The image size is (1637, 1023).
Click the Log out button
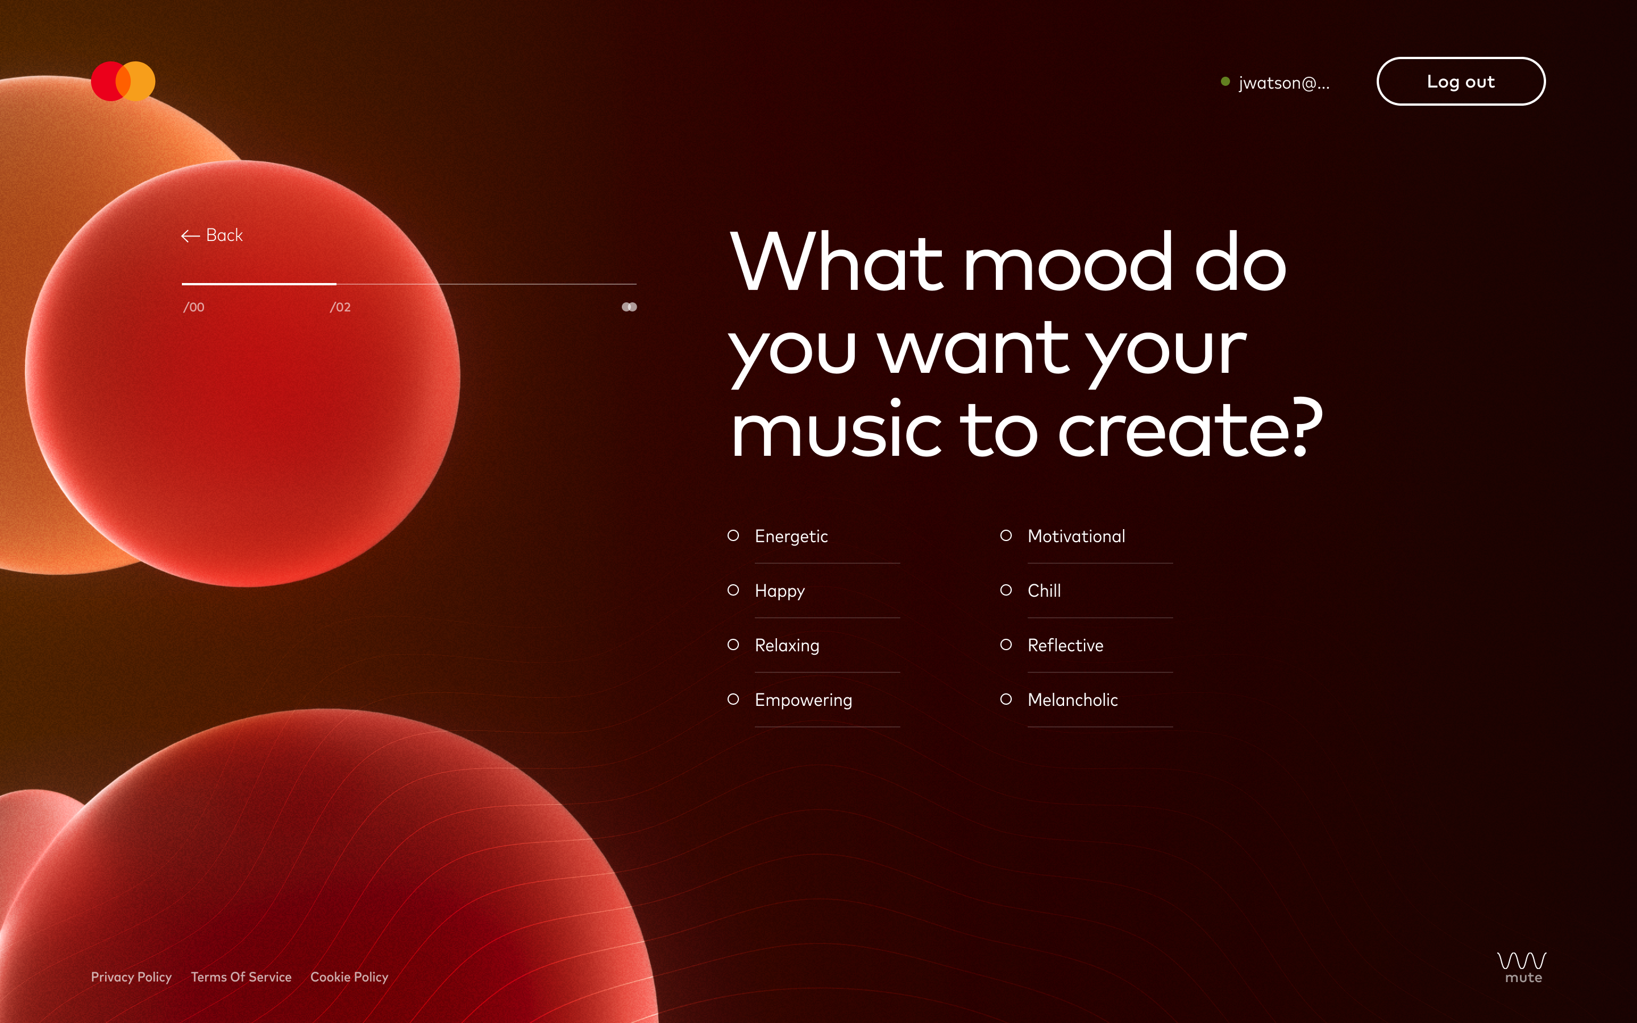coord(1460,81)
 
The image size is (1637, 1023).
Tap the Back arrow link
coord(211,235)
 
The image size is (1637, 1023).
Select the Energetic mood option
coord(791,536)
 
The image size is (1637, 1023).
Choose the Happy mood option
coord(779,590)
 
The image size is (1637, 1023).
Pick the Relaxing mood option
coord(787,646)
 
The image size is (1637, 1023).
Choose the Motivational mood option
coord(1076,536)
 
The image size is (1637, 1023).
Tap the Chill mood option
coord(1044,590)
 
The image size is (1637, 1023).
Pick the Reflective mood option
coord(1065,646)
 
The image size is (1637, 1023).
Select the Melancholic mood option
coord(1072,700)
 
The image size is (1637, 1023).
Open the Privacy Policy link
coord(131,977)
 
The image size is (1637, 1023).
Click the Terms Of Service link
coord(241,977)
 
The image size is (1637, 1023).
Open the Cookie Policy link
coord(349,977)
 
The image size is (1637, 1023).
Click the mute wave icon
coord(1522,967)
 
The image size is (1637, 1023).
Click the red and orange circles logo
coord(123,81)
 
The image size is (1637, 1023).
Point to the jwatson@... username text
coord(1284,82)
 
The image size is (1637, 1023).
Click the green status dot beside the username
coord(1225,81)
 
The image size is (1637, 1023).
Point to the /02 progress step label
coord(340,307)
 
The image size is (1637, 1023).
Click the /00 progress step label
coord(193,307)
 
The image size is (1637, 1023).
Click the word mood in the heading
coord(1068,263)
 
